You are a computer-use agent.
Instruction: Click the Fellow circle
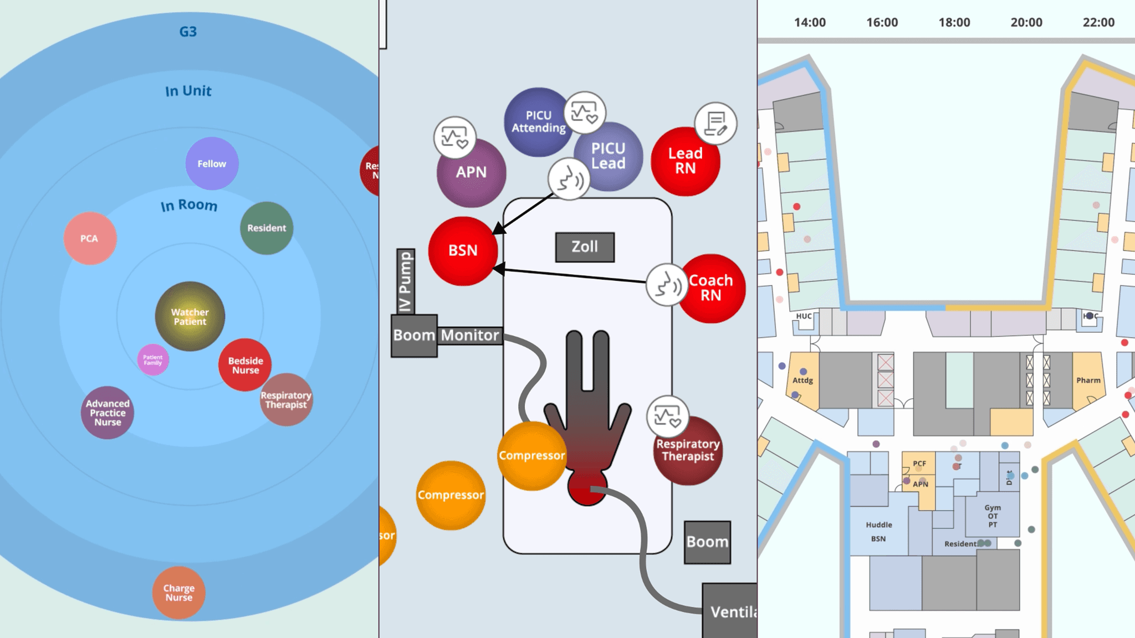pyautogui.click(x=212, y=163)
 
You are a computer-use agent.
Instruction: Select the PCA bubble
pyautogui.click(x=90, y=238)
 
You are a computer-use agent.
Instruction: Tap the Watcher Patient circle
pyautogui.click(x=190, y=316)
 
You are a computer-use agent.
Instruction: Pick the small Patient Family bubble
pyautogui.click(x=153, y=359)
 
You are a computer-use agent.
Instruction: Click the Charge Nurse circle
pyautogui.click(x=179, y=592)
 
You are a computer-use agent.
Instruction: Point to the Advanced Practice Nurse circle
pyautogui.click(x=108, y=413)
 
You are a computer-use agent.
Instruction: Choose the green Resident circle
pyautogui.click(x=267, y=228)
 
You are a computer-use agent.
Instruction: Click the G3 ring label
pyautogui.click(x=188, y=32)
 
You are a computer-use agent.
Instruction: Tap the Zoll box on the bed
pyautogui.click(x=585, y=247)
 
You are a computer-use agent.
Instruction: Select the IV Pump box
pyautogui.click(x=406, y=281)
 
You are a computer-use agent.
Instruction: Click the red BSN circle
pyautogui.click(x=463, y=251)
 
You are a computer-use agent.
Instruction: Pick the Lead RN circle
pyautogui.click(x=685, y=161)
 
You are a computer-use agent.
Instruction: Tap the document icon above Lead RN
pyautogui.click(x=715, y=124)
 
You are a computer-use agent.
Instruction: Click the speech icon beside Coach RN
pyautogui.click(x=667, y=285)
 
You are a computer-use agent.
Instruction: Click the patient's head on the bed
pyautogui.click(x=586, y=488)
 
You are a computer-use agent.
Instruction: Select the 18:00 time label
pyautogui.click(x=954, y=23)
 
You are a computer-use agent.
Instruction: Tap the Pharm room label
pyautogui.click(x=1088, y=380)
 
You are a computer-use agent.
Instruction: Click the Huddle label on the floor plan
pyautogui.click(x=879, y=524)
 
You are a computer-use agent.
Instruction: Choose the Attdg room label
pyautogui.click(x=802, y=380)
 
